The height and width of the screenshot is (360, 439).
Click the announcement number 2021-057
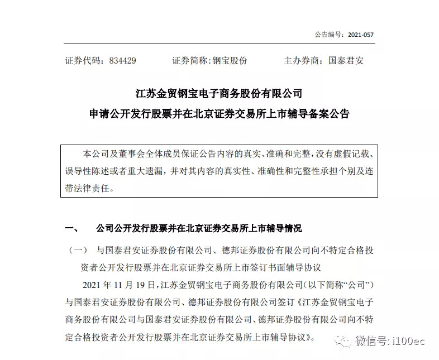click(x=360, y=35)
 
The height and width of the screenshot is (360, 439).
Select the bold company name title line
click(x=219, y=92)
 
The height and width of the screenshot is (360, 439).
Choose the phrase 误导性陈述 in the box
click(x=88, y=170)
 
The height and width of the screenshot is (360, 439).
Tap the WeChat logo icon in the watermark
click(x=345, y=340)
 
